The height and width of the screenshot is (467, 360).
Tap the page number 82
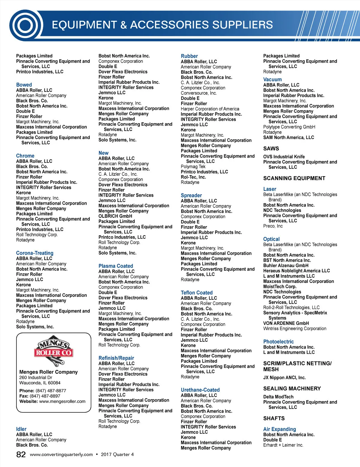(x=21, y=454)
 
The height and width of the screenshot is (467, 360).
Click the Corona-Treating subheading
(x=35, y=253)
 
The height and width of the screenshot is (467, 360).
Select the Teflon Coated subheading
(x=196, y=293)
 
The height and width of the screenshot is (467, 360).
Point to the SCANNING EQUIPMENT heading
(x=294, y=178)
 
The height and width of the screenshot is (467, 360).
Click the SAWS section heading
(x=271, y=149)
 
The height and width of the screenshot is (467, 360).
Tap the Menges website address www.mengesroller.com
(x=62, y=401)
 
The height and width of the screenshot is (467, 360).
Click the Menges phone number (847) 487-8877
(x=51, y=391)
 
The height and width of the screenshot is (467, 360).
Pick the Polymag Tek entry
(x=193, y=167)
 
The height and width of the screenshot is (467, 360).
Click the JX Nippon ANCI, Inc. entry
(x=284, y=378)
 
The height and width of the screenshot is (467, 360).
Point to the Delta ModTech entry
(x=278, y=397)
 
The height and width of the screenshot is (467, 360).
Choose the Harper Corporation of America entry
(x=210, y=109)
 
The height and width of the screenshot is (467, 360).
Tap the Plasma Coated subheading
(x=115, y=266)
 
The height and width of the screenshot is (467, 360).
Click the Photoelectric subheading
(x=278, y=342)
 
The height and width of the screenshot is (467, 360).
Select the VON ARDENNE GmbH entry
(x=286, y=323)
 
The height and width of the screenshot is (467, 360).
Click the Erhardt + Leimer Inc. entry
(x=283, y=445)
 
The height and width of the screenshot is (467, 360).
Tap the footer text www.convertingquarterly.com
(x=61, y=454)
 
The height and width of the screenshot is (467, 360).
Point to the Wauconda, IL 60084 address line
(x=40, y=383)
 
